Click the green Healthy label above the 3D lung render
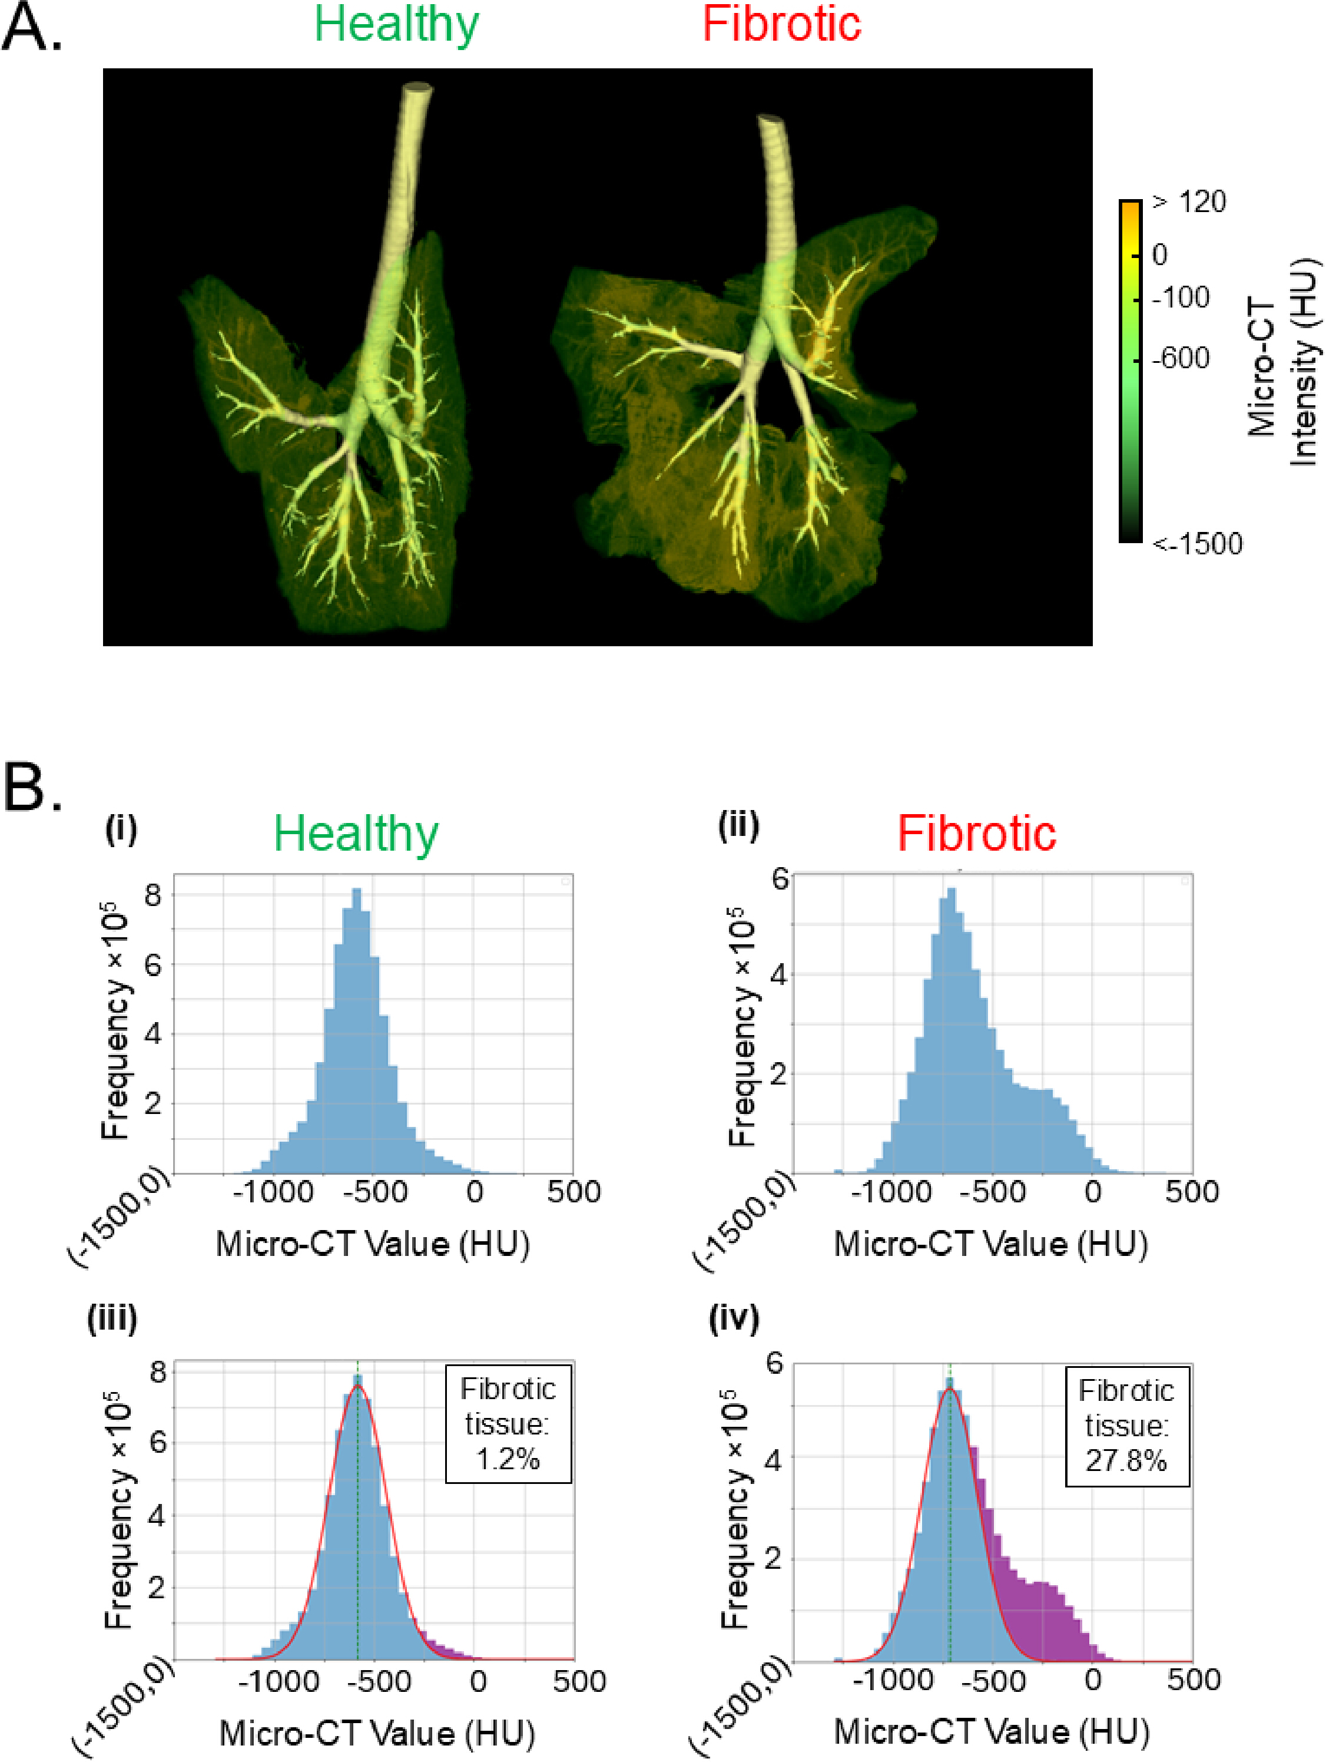pyautogui.click(x=397, y=25)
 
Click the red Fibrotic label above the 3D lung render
pyautogui.click(x=781, y=24)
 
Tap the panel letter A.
pyautogui.click(x=31, y=28)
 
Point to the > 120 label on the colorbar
pyautogui.click(x=1189, y=202)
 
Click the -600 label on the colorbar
pyautogui.click(x=1181, y=358)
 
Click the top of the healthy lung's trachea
pyautogui.click(x=417, y=88)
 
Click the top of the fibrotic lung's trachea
pyautogui.click(x=771, y=121)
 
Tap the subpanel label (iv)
pyautogui.click(x=734, y=1318)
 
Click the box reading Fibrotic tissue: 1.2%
pyautogui.click(x=508, y=1424)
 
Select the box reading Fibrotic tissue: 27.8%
pyautogui.click(x=1127, y=1427)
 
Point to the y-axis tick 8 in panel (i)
pyautogui.click(x=153, y=895)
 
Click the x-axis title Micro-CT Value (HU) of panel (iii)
pyautogui.click(x=377, y=1733)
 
